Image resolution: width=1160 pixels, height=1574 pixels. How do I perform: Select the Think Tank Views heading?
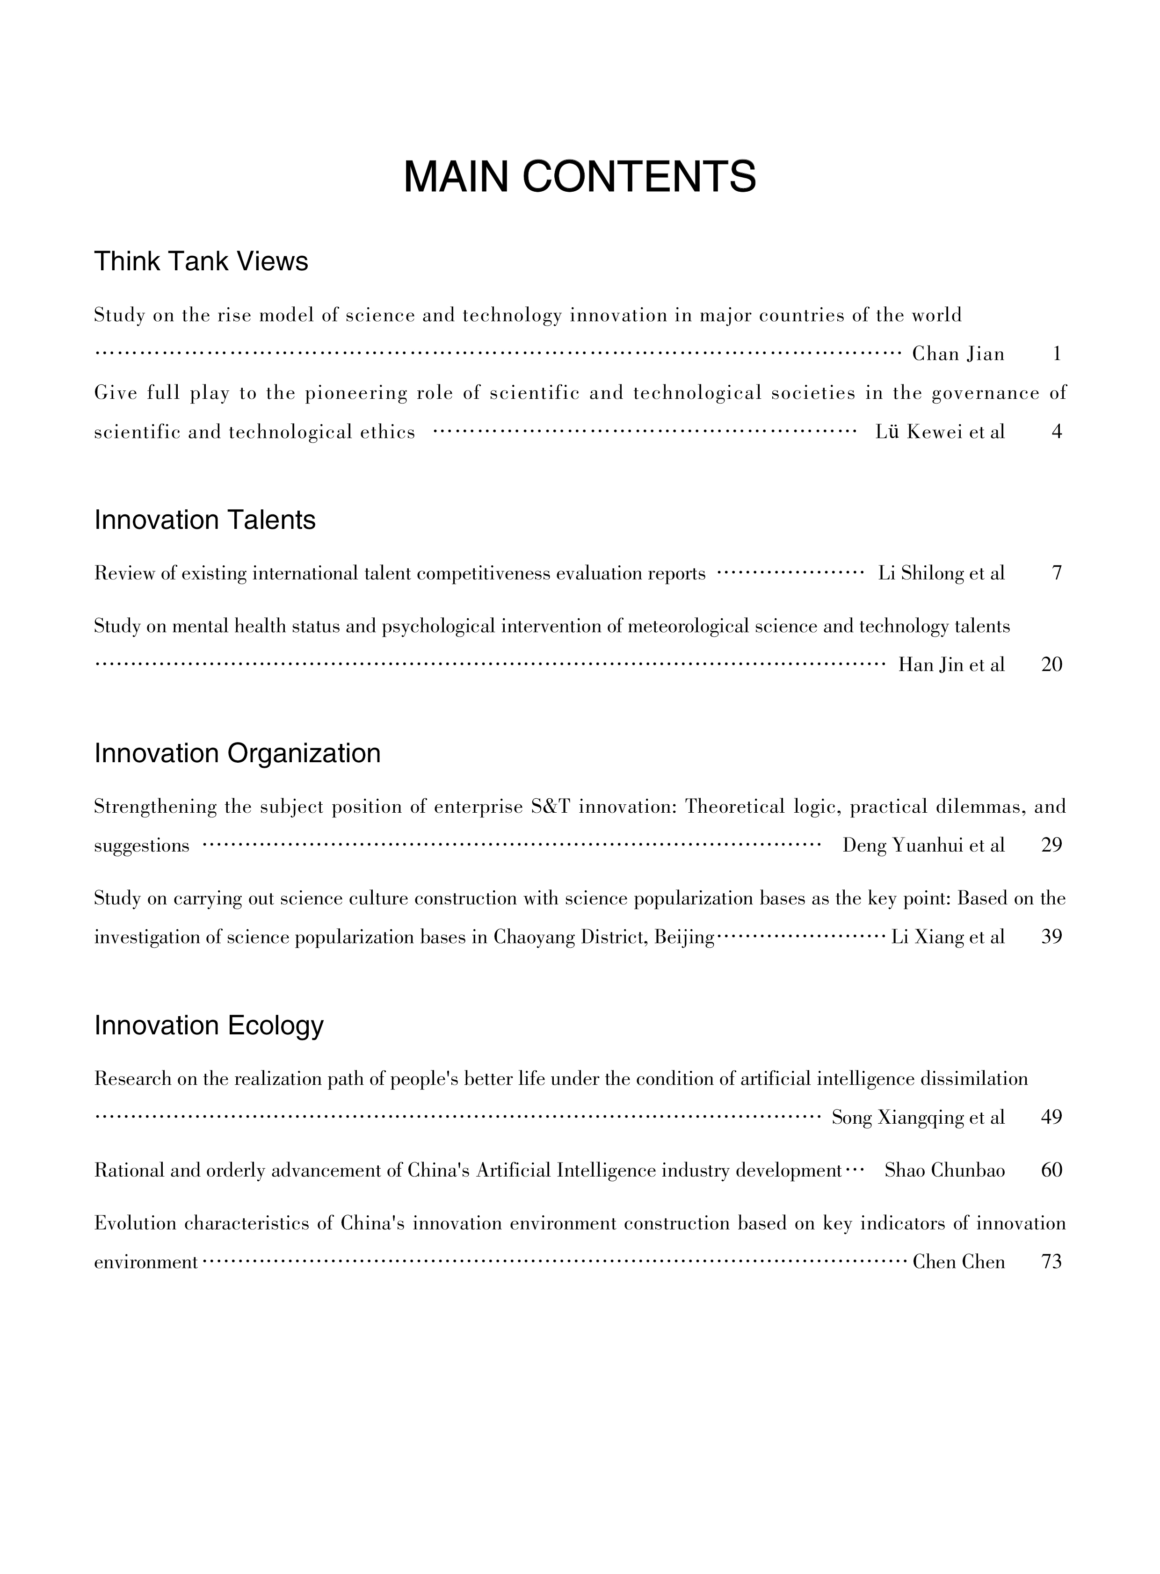(201, 262)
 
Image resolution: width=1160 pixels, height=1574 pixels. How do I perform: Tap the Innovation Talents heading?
(204, 520)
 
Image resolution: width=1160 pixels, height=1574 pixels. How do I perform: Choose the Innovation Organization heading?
(237, 753)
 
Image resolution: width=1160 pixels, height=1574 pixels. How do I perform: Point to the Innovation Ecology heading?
(209, 1025)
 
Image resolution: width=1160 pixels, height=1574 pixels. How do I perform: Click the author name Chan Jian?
(958, 354)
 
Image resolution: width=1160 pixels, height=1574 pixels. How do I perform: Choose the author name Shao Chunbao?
(944, 1170)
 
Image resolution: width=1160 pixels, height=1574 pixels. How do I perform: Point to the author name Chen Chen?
(958, 1262)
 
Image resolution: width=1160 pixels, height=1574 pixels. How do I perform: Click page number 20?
(1051, 665)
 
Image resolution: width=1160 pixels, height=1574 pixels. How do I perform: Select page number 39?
(1051, 937)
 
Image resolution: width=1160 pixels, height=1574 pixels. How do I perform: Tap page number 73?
(1051, 1262)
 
